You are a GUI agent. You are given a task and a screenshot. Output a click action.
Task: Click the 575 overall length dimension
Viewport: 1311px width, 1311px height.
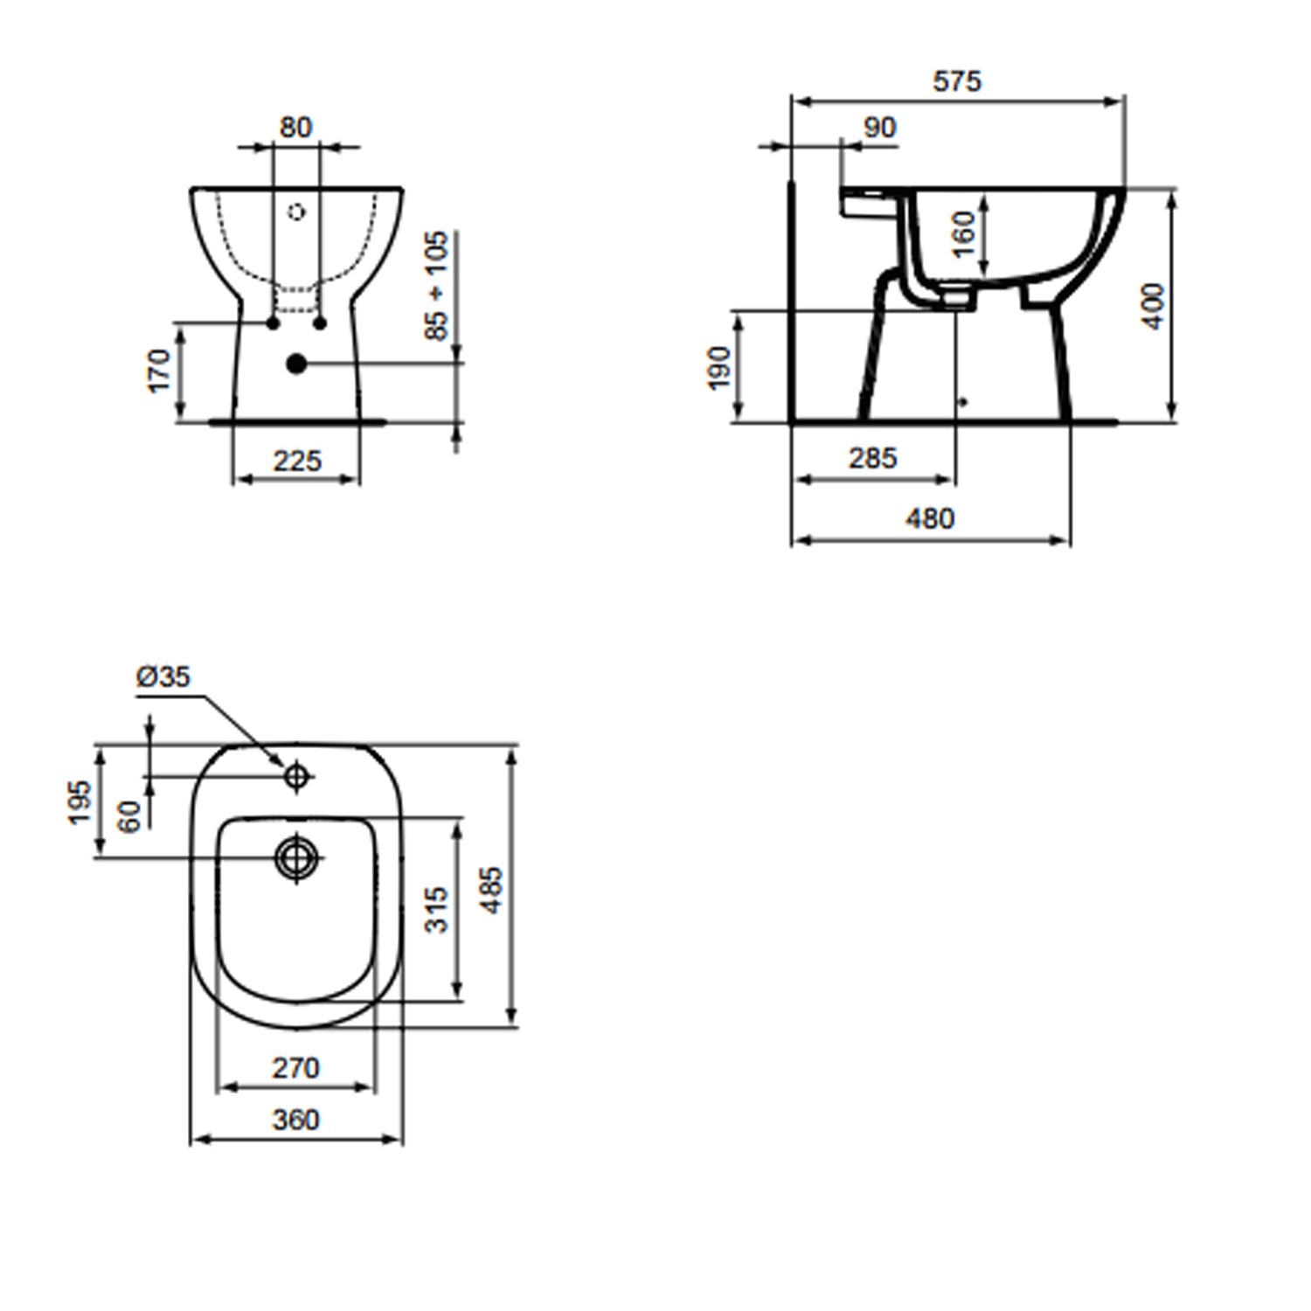click(957, 81)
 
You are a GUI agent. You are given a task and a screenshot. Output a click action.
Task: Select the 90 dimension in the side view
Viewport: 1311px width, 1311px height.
click(879, 128)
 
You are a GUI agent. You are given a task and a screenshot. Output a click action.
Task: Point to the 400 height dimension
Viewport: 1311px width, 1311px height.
click(1154, 306)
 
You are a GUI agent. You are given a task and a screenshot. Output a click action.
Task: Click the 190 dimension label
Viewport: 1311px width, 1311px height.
click(718, 368)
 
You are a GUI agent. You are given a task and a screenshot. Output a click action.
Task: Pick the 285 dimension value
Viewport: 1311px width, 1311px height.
click(872, 458)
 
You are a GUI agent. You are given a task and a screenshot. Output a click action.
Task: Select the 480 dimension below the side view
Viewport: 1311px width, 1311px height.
click(929, 519)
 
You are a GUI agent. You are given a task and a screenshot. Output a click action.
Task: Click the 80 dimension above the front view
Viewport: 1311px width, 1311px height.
click(295, 128)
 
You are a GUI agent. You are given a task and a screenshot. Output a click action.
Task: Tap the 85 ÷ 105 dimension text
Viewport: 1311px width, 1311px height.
click(436, 286)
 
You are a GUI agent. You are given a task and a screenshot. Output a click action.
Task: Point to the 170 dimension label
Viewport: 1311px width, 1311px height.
click(159, 371)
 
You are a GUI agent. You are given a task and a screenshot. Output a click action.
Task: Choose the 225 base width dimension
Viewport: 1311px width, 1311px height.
click(297, 461)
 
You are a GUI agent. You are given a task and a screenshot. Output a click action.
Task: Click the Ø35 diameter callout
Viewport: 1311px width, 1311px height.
click(163, 676)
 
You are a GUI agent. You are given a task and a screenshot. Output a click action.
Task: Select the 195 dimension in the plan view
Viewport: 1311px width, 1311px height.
click(80, 801)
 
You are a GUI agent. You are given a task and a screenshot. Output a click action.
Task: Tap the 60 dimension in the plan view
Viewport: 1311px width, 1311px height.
click(129, 816)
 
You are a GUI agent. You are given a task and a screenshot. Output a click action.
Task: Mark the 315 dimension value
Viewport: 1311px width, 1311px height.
click(436, 909)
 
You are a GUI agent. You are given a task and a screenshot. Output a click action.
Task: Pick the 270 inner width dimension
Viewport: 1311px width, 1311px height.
click(295, 1068)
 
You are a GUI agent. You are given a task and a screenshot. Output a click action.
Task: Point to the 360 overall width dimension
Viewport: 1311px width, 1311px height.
click(295, 1120)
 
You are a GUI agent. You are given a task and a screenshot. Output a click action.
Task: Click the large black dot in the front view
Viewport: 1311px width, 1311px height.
click(297, 364)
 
